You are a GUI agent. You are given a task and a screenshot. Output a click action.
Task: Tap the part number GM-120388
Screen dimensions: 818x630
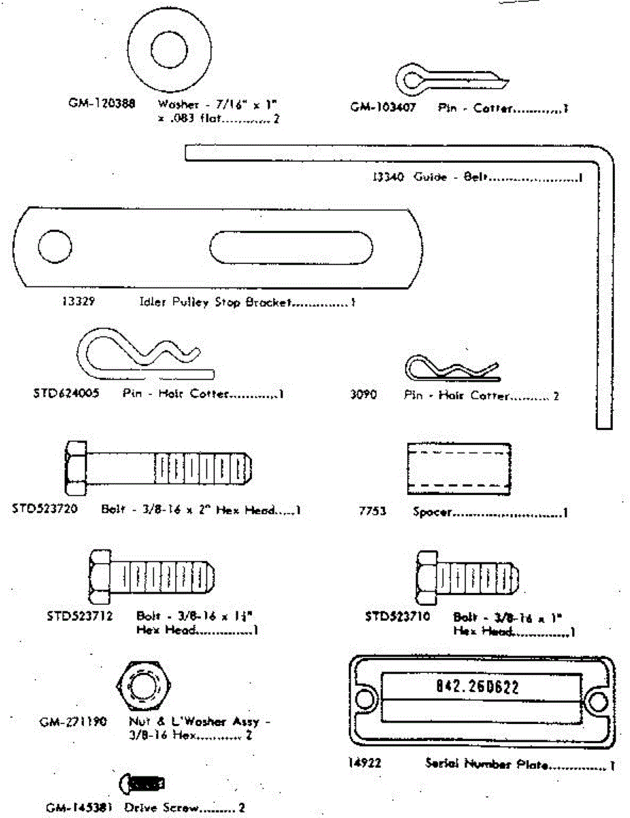[101, 104]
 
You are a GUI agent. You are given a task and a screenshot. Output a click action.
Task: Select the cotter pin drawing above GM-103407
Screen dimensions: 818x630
[450, 78]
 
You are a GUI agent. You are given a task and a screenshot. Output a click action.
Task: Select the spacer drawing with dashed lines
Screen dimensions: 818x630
[459, 469]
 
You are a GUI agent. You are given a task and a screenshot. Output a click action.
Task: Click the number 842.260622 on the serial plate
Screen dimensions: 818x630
[477, 687]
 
